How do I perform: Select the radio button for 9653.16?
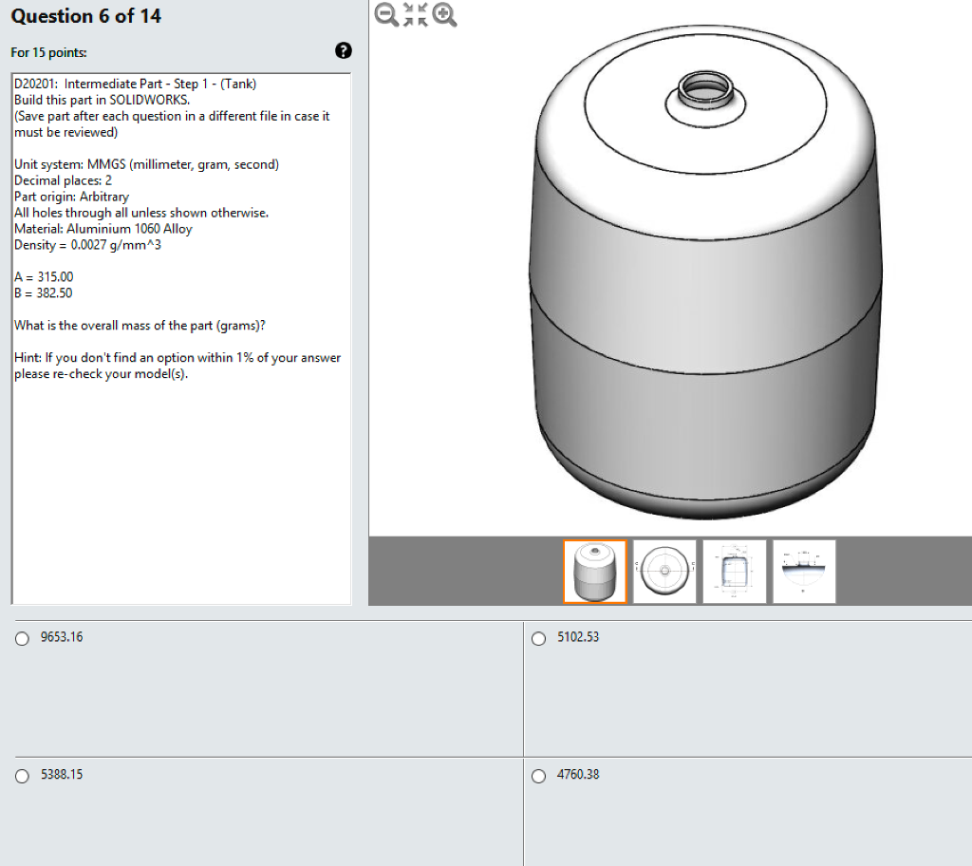(23, 638)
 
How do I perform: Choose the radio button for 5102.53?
(539, 638)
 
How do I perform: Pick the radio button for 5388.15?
(23, 776)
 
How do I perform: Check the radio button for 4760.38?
(539, 776)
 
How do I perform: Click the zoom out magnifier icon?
(387, 14)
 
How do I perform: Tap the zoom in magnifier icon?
(444, 14)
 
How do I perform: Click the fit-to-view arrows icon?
(416, 14)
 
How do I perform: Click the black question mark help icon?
(343, 51)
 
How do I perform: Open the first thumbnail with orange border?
(595, 572)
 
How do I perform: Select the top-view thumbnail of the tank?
(664, 572)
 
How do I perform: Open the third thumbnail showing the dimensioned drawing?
(735, 572)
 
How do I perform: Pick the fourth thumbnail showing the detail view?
(804, 572)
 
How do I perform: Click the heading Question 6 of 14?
(86, 16)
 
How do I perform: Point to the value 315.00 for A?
(55, 276)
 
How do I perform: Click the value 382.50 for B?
(54, 292)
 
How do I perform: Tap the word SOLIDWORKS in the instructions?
(149, 100)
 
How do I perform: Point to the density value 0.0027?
(88, 245)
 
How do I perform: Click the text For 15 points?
(48, 53)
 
